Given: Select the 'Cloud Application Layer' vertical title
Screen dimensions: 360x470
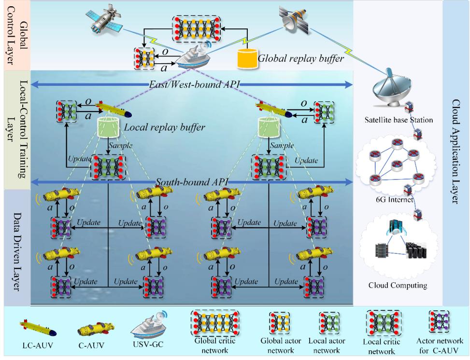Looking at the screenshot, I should tap(455, 152).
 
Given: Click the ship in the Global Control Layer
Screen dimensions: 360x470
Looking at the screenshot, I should tap(193, 57).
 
